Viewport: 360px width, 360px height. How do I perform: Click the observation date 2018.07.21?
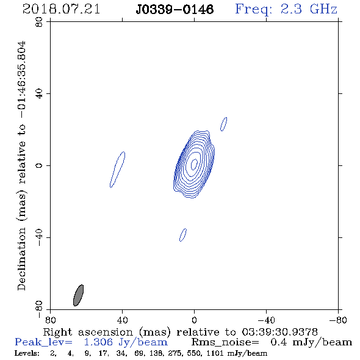click(x=61, y=9)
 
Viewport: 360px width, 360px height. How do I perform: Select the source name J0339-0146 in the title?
click(x=175, y=10)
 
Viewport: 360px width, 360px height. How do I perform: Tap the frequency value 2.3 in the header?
click(x=291, y=9)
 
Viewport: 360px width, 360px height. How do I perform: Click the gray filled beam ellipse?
click(x=78, y=295)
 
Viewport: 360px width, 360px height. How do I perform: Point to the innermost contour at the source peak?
click(x=194, y=164)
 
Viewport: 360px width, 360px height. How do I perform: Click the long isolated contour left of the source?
click(x=118, y=170)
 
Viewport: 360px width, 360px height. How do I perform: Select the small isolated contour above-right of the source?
click(x=223, y=124)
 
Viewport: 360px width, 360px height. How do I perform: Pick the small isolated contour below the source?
click(x=183, y=235)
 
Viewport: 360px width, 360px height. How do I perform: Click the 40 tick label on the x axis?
click(x=122, y=320)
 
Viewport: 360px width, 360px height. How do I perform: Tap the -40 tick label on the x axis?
click(x=266, y=320)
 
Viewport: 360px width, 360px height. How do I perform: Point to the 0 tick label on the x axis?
click(x=194, y=320)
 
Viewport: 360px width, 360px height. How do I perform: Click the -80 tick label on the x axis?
click(x=338, y=320)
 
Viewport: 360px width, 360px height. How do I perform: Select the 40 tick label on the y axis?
click(x=39, y=94)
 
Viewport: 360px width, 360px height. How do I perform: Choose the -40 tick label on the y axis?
click(x=39, y=237)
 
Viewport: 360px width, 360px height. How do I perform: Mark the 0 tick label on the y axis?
click(x=39, y=165)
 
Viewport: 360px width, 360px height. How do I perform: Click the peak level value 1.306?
click(x=98, y=342)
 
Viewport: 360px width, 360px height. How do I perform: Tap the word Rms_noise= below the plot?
click(x=225, y=342)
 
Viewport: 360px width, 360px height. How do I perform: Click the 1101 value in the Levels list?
click(x=215, y=353)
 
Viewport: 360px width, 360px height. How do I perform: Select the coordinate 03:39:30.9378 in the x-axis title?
click(x=279, y=332)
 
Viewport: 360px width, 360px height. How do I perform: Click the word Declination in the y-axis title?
click(x=21, y=259)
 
